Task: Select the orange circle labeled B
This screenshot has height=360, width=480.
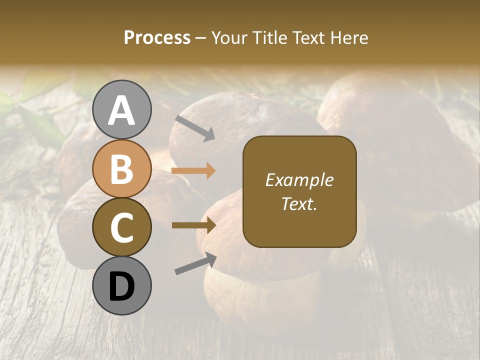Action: point(121,168)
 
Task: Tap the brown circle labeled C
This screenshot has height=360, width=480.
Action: point(121,227)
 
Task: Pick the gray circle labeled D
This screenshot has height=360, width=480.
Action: point(121,285)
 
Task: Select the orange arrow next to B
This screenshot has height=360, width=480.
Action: point(193,171)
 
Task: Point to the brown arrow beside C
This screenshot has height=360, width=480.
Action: point(193,225)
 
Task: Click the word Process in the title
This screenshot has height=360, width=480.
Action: point(157,37)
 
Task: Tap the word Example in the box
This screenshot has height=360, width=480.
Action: point(299,180)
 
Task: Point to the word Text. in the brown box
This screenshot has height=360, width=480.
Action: point(299,203)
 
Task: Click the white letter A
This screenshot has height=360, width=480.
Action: point(121,111)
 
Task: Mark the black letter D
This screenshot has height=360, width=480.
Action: point(121,286)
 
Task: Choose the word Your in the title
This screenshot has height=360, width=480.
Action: point(229,37)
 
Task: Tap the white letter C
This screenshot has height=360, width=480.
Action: point(121,228)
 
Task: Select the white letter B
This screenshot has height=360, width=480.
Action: point(121,169)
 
